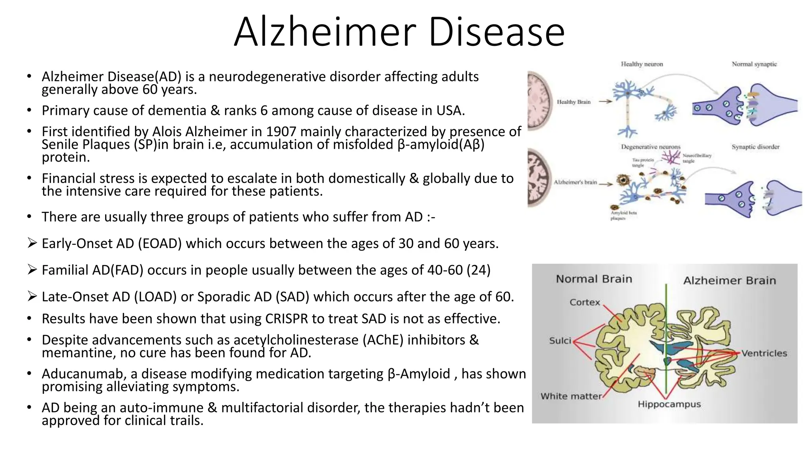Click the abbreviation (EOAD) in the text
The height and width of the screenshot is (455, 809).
[160, 243]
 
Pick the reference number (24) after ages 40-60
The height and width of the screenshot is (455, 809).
[478, 270]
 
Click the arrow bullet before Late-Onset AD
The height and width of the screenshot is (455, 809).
[32, 296]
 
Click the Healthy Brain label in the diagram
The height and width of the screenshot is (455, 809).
[574, 102]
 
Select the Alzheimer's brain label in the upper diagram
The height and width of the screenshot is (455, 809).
[575, 182]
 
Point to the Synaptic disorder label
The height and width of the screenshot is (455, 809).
[755, 147]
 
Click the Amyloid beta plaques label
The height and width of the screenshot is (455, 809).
[623, 215]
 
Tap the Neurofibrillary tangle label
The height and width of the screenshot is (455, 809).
[697, 158]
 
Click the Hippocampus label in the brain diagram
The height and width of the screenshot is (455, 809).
[669, 404]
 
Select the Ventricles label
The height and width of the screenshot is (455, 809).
[764, 353]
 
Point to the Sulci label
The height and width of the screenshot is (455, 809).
[560, 341]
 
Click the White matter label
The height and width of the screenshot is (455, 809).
[571, 396]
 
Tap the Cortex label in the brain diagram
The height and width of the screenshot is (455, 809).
[585, 303]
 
